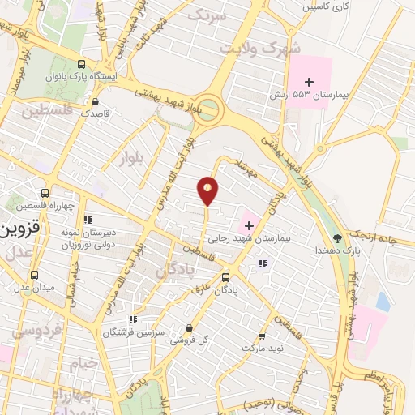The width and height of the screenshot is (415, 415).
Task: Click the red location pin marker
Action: pyautogui.click(x=208, y=190)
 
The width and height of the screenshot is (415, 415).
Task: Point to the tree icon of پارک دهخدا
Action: pyautogui.click(x=337, y=238)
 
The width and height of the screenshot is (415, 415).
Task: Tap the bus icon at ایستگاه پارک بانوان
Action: pyautogui.click(x=80, y=64)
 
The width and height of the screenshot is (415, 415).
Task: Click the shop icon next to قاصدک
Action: pyautogui.click(x=96, y=102)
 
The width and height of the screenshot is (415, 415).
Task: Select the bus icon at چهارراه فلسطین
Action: pyautogui.click(x=45, y=193)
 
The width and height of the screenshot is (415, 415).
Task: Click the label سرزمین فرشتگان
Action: pyautogui.click(x=132, y=332)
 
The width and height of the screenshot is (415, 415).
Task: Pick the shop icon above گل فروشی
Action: pyautogui.click(x=189, y=328)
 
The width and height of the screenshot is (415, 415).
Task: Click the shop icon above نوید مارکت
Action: pyautogui.click(x=261, y=336)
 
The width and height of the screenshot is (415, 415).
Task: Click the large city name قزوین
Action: pyautogui.click(x=16, y=228)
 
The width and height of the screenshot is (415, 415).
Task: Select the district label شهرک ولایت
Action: pyautogui.click(x=259, y=45)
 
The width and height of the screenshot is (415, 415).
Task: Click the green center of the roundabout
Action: pyautogui.click(x=210, y=108)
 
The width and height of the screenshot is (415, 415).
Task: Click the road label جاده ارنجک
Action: pyautogui.click(x=382, y=235)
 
